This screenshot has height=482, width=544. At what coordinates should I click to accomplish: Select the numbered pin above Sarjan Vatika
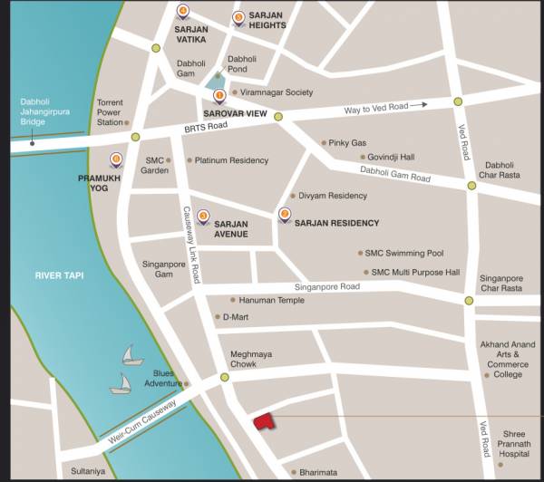[x=183, y=13]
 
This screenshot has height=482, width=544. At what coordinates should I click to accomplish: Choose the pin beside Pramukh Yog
[x=116, y=161]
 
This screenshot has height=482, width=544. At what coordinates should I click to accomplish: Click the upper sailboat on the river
[x=132, y=353]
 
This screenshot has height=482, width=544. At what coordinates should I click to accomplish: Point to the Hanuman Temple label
[x=271, y=300]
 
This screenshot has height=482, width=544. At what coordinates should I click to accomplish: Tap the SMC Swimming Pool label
[x=403, y=254]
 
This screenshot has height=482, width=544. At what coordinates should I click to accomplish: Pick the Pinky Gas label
[x=347, y=143]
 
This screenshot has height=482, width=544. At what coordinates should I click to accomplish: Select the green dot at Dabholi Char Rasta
[x=471, y=186]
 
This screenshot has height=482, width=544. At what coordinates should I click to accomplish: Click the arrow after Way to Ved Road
[x=418, y=106]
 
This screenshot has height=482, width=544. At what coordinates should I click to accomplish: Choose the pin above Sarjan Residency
[x=285, y=215]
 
